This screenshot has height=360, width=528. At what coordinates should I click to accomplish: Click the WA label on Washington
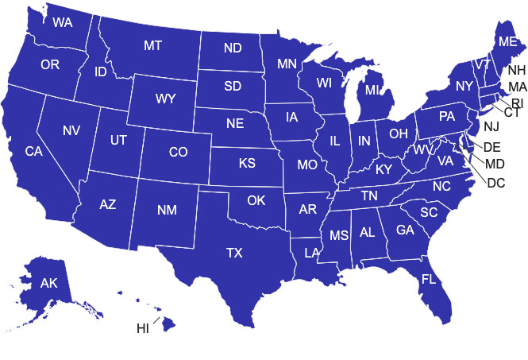tap(63, 22)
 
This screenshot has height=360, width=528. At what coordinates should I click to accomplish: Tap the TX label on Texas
tap(234, 253)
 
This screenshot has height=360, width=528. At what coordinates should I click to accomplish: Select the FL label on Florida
tap(429, 280)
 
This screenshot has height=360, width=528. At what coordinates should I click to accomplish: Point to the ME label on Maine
tap(506, 41)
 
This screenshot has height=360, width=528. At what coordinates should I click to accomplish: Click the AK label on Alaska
tap(49, 283)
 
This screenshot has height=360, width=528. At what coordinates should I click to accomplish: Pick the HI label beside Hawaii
tap(144, 327)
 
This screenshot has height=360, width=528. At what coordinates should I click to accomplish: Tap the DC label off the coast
tap(495, 183)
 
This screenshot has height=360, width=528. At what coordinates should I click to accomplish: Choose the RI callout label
tap(517, 103)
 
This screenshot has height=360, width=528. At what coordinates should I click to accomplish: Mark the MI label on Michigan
tap(373, 91)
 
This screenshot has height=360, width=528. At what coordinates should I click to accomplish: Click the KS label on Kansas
tap(247, 165)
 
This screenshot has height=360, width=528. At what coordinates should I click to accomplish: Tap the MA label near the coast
tap(517, 86)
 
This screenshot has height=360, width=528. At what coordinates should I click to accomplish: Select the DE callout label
tap(492, 147)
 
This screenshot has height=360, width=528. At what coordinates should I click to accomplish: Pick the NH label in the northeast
tap(516, 70)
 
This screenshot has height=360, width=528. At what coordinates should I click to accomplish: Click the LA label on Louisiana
tap(312, 253)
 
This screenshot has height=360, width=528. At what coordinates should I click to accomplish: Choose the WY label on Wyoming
tap(165, 99)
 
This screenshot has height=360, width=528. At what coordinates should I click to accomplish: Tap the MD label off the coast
tap(495, 165)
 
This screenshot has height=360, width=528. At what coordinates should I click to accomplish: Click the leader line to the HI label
tap(156, 320)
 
